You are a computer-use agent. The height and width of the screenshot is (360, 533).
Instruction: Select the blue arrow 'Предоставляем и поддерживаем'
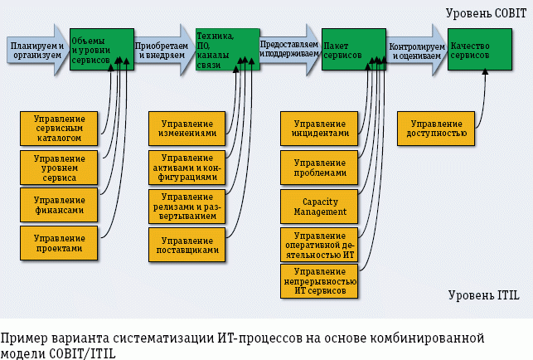coord(288,48)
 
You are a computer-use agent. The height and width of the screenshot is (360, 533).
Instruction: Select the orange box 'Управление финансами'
coord(59,205)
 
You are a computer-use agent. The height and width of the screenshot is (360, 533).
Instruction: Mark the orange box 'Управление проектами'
coord(59,243)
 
